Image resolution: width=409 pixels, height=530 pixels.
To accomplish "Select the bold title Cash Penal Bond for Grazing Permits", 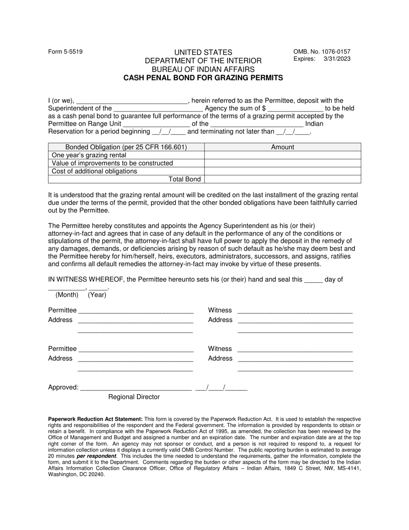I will click(203, 78).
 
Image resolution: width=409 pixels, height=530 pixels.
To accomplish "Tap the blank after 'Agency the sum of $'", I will click(295, 109).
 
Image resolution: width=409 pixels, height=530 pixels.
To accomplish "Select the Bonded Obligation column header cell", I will click(126, 147).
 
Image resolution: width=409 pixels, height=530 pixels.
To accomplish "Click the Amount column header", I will click(282, 147).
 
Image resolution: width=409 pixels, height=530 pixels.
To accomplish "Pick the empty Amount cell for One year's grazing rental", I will click(282, 155).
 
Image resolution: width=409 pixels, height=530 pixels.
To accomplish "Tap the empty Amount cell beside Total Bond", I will click(282, 179).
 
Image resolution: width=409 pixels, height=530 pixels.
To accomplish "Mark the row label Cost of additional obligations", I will click(94, 171).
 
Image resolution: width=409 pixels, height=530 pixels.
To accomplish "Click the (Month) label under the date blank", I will click(67, 295).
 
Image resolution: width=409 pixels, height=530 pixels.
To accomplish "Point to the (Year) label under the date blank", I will click(97, 295).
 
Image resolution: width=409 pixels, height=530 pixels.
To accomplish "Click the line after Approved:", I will click(136, 388).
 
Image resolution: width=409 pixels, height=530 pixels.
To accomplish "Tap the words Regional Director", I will click(134, 397).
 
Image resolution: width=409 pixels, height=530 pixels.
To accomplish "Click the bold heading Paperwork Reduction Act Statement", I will click(95, 419).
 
